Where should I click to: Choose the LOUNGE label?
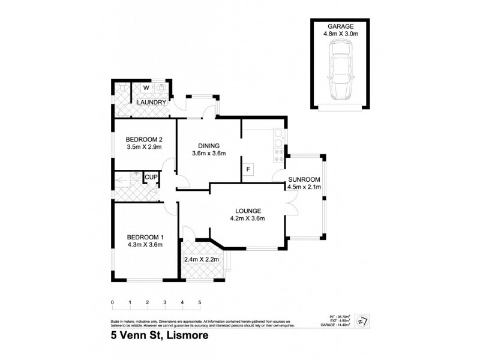[248, 211]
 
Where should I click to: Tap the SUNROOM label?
[305, 179]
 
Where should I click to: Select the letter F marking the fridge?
[248, 170]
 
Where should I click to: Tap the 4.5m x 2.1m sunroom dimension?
[305, 187]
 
